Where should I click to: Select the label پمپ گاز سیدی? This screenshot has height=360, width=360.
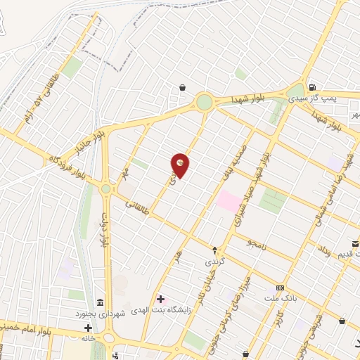(x=333, y=98)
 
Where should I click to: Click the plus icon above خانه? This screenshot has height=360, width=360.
(x=88, y=328)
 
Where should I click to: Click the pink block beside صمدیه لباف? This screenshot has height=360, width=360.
(x=229, y=200)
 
